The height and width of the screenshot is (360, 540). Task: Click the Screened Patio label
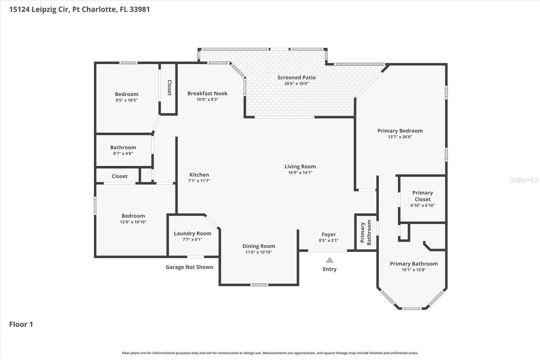(x=296, y=77)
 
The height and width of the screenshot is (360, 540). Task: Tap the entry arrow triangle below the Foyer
(x=329, y=260)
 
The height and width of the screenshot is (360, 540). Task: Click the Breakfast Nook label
(x=207, y=93)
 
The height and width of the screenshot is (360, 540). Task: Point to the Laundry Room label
(x=192, y=233)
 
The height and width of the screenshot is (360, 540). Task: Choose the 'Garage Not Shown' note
(x=189, y=267)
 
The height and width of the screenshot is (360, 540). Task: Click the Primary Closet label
(x=422, y=196)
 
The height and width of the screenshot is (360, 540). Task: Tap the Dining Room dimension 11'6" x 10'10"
(x=258, y=252)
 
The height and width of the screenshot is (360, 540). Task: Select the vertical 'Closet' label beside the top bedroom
(x=169, y=88)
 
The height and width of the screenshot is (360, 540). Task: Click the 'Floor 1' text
(x=21, y=324)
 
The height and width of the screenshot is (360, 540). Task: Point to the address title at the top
(x=79, y=9)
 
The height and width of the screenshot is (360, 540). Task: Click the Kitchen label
(x=199, y=175)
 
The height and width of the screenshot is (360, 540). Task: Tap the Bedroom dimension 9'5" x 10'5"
(x=127, y=100)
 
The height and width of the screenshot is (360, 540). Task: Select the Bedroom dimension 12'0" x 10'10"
(x=133, y=222)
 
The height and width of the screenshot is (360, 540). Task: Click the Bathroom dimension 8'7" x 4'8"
(x=123, y=154)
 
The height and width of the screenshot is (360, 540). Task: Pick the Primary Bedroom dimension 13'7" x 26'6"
(x=400, y=137)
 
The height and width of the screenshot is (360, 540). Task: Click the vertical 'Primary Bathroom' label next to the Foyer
(x=365, y=232)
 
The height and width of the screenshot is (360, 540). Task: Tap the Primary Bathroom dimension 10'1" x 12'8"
(x=413, y=270)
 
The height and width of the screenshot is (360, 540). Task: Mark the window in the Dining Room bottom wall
(x=259, y=285)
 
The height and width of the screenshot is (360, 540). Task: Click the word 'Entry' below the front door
(x=329, y=269)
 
